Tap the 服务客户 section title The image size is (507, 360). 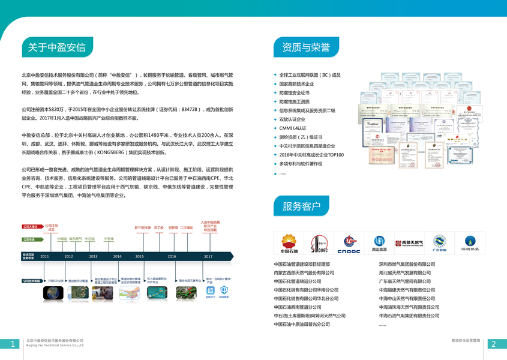pos(301,207)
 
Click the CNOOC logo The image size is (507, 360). pos(348,242)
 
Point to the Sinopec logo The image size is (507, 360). pos(319,242)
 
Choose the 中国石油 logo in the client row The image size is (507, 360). pos(289,242)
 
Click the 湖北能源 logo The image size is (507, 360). pos(380,242)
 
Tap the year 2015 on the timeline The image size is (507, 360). pos(139,256)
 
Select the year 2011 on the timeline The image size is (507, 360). pos(44,256)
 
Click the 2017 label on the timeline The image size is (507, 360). pos(208,256)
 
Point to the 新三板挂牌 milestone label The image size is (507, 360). pos(142,228)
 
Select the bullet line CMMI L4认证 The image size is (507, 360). pos(293,128)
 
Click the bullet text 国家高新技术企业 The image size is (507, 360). pos(296,84)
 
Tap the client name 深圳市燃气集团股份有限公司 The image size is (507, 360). pos(407,264)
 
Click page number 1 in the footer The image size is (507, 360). pos(13,344)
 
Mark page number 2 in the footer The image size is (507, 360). pos(494,344)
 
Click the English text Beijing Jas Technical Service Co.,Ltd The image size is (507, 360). pos(55,346)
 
